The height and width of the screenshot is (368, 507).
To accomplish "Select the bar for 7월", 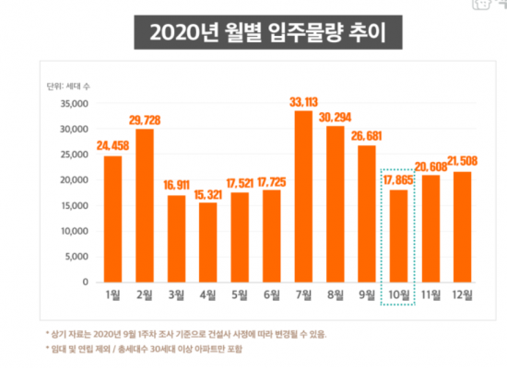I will click(303, 196).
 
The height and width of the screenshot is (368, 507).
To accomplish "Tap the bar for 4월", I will click(207, 242).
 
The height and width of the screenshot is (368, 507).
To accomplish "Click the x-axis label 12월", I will click(462, 295).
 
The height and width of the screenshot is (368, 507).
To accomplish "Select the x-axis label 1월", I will click(112, 295).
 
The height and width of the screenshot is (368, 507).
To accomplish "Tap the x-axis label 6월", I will click(271, 295).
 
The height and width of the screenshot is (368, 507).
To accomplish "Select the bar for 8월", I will click(335, 203).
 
